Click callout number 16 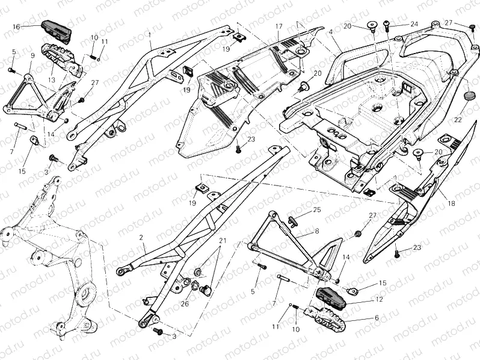coord(16,26)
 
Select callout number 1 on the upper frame coord(149,35)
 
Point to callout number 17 coord(279,26)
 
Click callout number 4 coord(331,31)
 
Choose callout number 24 coord(414,24)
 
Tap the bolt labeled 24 coord(386,25)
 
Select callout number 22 coord(459,120)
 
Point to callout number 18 coord(451,203)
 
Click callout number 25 coord(317,210)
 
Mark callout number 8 coord(316,231)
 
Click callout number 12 coord(379,298)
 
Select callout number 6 coord(377,318)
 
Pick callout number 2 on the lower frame coord(141,238)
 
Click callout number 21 coord(223,241)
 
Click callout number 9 coord(32,56)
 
